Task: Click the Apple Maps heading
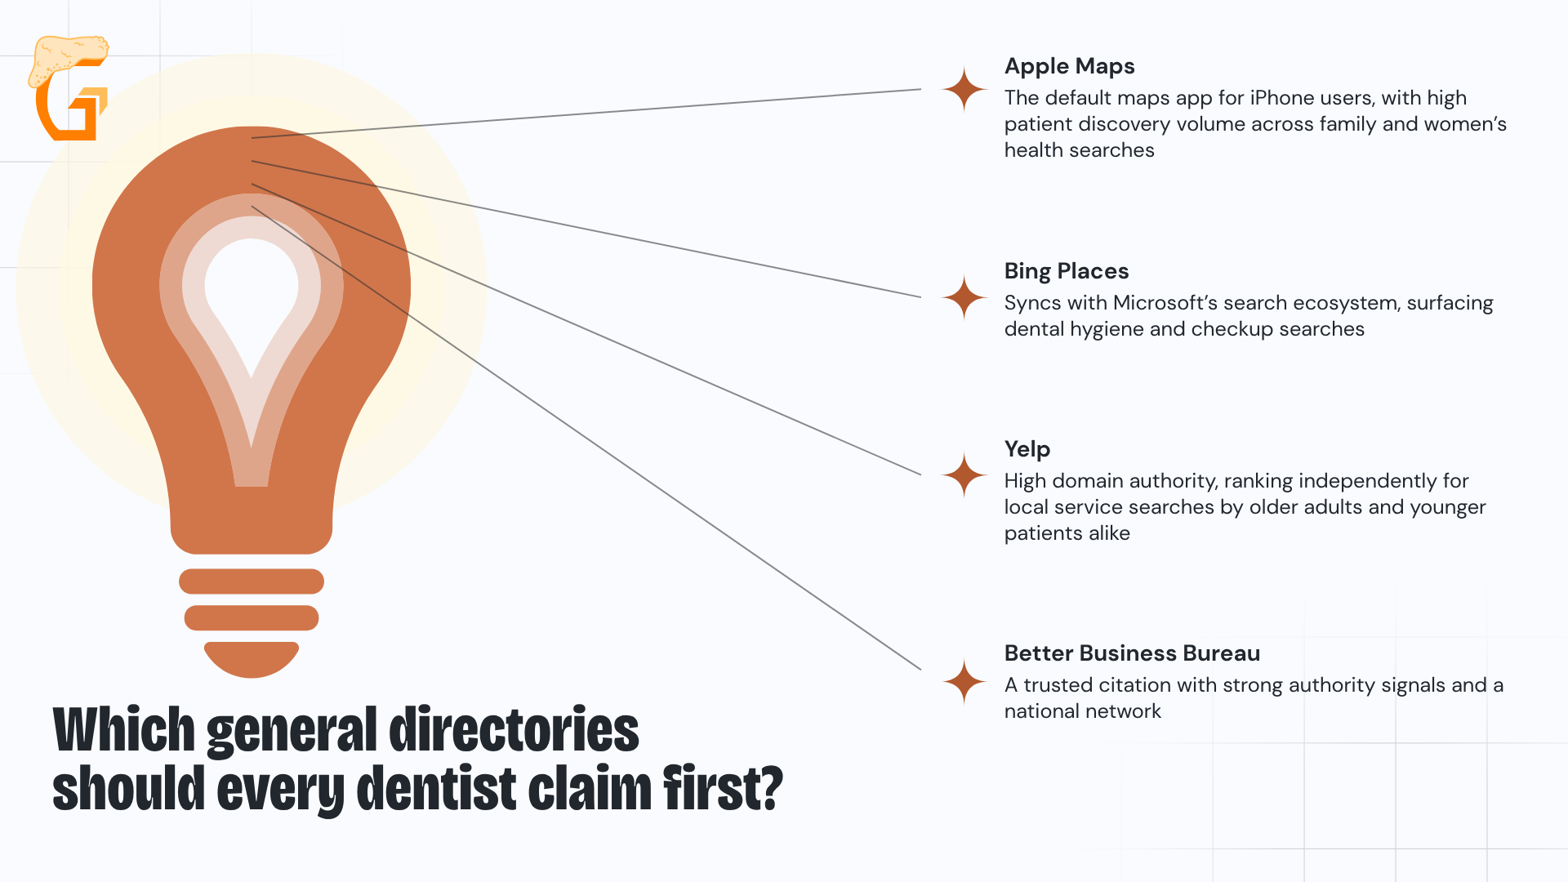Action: point(1069,66)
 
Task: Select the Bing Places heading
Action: point(1067,271)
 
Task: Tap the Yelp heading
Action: point(1027,449)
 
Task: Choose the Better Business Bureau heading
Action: point(1132,653)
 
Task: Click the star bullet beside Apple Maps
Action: point(964,89)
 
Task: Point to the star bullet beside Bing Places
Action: point(964,297)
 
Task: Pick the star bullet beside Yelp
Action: point(964,475)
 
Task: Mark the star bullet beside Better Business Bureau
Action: point(964,681)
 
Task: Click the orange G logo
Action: point(69,88)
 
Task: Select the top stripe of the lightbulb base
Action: point(252,581)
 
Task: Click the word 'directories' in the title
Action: point(514,729)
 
